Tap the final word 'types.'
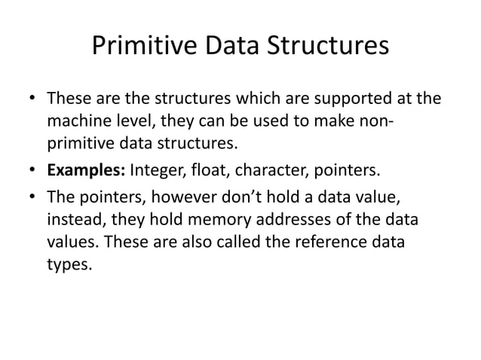tap(69, 265)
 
